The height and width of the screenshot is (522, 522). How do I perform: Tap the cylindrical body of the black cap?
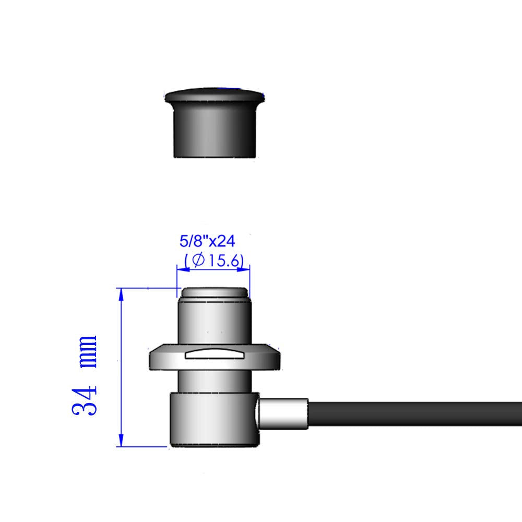(x=215, y=130)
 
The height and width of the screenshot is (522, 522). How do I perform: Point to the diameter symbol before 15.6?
(x=198, y=260)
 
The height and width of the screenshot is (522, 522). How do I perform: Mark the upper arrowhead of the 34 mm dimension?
(x=121, y=294)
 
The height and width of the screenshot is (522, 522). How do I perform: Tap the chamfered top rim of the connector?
(x=214, y=293)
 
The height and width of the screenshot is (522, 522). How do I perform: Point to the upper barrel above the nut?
(x=214, y=321)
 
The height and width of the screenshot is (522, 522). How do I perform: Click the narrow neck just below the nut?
(x=214, y=381)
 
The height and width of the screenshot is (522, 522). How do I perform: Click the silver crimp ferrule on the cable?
(x=284, y=413)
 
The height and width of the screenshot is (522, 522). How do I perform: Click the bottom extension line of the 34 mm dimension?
(x=144, y=446)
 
